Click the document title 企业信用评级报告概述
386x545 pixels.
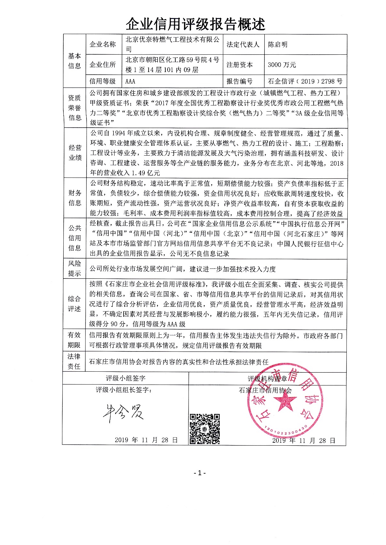(195, 24)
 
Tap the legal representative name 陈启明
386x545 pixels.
(278, 45)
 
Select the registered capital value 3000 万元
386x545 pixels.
(282, 65)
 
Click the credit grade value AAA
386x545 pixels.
(130, 81)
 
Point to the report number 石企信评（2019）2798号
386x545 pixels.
(305, 81)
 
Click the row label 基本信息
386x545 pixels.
(74, 61)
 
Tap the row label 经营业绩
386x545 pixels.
(75, 153)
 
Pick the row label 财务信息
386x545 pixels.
(75, 198)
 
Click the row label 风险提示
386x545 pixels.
(74, 268)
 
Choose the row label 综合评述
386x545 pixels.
(74, 304)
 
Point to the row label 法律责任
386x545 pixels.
(74, 361)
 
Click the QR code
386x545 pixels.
(205, 429)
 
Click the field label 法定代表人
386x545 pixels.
(243, 45)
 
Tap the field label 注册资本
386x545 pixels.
(240, 65)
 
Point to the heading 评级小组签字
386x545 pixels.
(125, 378)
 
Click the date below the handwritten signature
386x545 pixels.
(146, 440)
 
